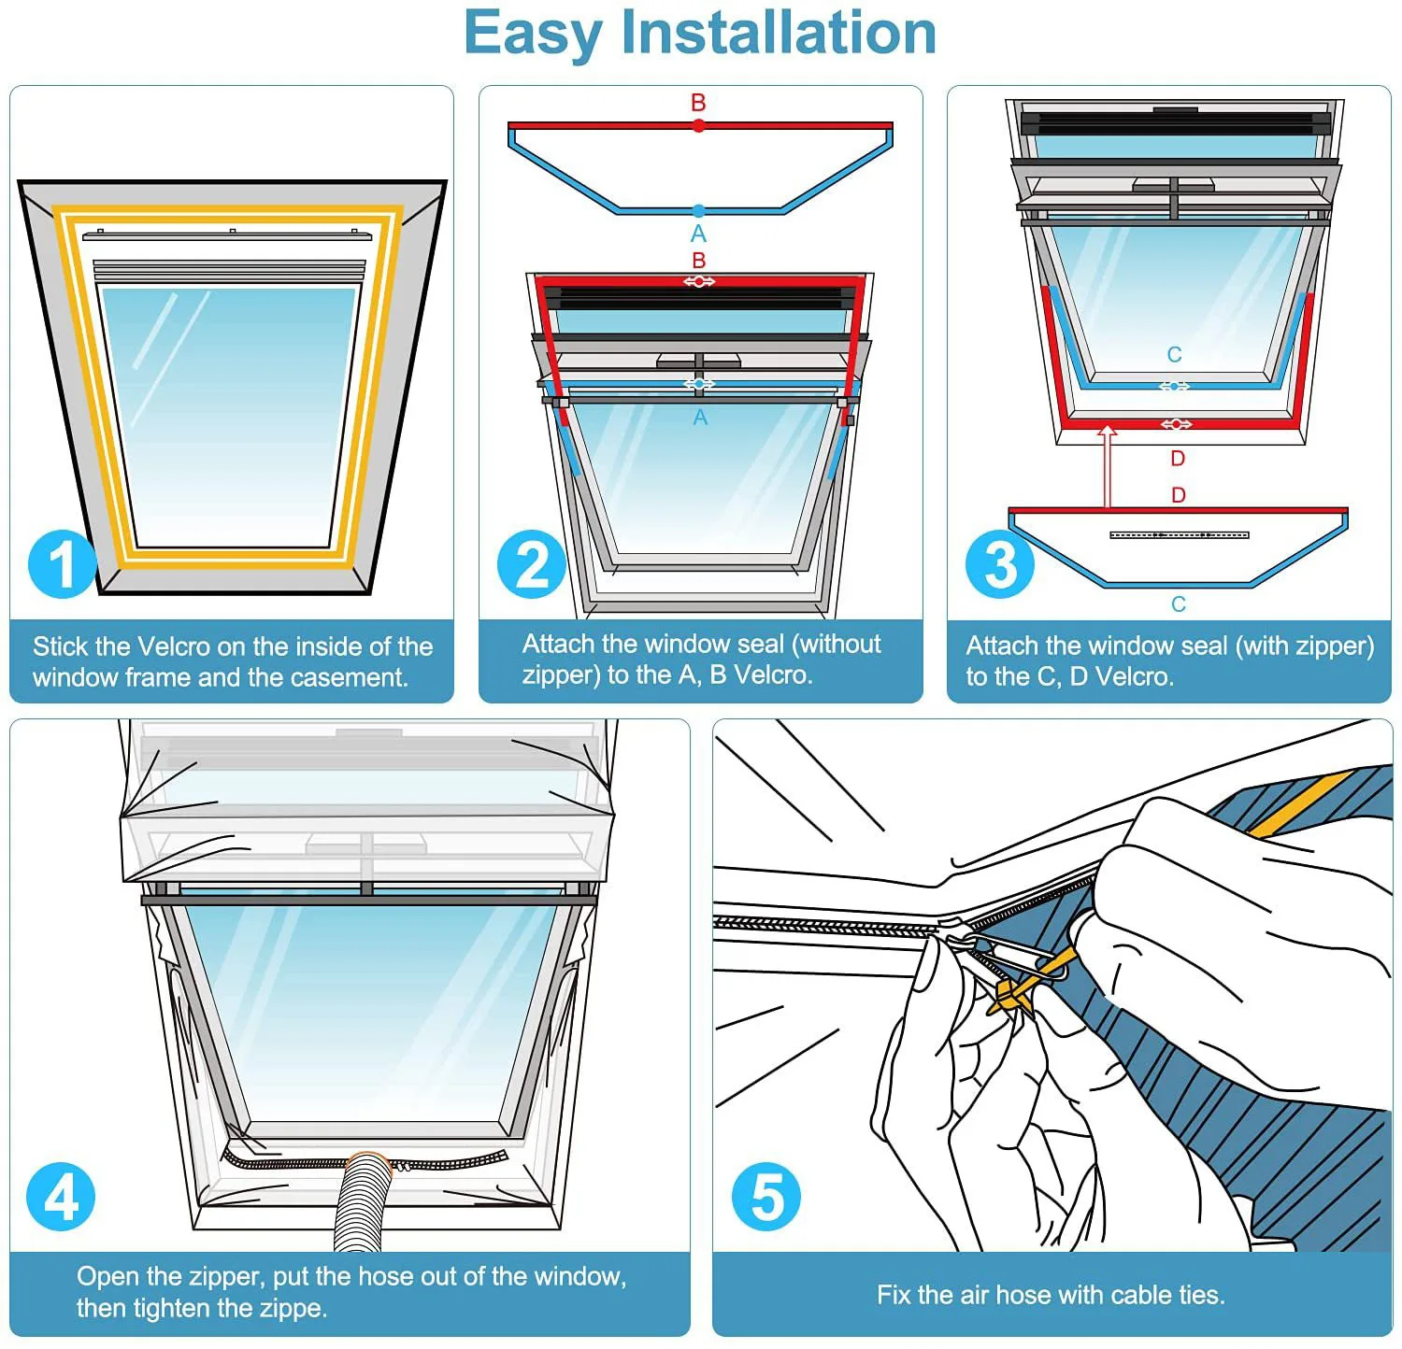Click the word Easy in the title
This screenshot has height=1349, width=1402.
[534, 34]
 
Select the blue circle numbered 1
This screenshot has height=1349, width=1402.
[62, 564]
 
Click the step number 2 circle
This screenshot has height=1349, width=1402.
[532, 564]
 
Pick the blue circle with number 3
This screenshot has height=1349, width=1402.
[1000, 564]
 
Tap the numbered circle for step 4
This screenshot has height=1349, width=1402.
[62, 1197]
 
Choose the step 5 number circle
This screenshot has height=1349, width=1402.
[766, 1197]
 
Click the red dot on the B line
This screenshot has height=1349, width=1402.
[699, 125]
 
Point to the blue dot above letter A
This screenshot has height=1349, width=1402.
[699, 211]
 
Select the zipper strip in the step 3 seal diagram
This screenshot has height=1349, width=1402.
[1180, 535]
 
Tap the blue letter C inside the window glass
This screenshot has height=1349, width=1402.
[1175, 355]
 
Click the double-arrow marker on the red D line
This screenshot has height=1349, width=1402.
[1176, 424]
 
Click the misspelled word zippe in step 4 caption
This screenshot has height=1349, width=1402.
[293, 1308]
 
